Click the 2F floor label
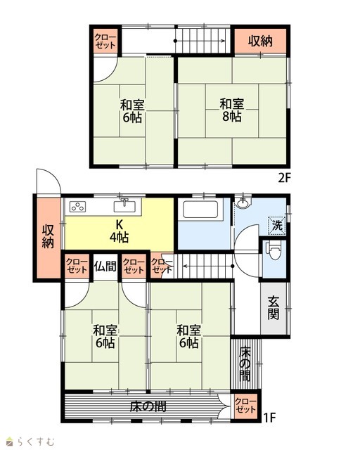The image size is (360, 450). (285, 179)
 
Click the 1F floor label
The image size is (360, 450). (269, 418)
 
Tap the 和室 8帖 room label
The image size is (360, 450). (231, 110)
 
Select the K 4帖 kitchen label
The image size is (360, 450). (119, 231)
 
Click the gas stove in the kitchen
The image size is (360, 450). (78, 206)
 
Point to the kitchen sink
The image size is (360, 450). (124, 206)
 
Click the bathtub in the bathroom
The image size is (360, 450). (200, 210)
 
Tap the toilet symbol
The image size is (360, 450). (274, 252)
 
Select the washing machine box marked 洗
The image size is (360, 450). (277, 226)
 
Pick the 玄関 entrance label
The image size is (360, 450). (274, 308)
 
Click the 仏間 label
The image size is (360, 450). (105, 266)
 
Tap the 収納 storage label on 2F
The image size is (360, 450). (260, 41)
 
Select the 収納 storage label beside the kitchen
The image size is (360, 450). (48, 236)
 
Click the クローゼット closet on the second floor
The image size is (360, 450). (105, 41)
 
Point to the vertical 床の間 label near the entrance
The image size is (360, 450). (245, 364)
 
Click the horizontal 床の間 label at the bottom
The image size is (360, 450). (148, 406)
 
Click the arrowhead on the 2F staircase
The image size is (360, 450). (223, 41)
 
